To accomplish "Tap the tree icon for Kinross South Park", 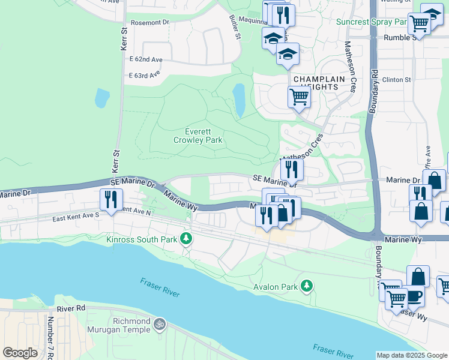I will pyautogui.click(x=187, y=239).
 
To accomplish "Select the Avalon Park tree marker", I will pyautogui.click(x=307, y=286).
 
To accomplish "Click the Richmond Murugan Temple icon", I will pyautogui.click(x=159, y=324).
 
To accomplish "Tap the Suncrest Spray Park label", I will pyautogui.click(x=372, y=22).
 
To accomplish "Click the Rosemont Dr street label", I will pyautogui.click(x=149, y=22).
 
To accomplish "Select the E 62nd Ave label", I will pyautogui.click(x=146, y=60).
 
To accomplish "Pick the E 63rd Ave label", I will pyautogui.click(x=145, y=75).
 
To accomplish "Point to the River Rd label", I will pyautogui.click(x=71, y=308).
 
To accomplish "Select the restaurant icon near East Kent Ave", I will pyautogui.click(x=111, y=198).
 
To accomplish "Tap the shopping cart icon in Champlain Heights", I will pyautogui.click(x=299, y=96).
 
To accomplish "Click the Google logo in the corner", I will pyautogui.click(x=20, y=353).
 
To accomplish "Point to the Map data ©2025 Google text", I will pyautogui.click(x=411, y=355).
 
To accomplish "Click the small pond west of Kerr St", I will pyautogui.click(x=102, y=97).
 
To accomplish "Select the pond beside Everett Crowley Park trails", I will pyautogui.click(x=239, y=99).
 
